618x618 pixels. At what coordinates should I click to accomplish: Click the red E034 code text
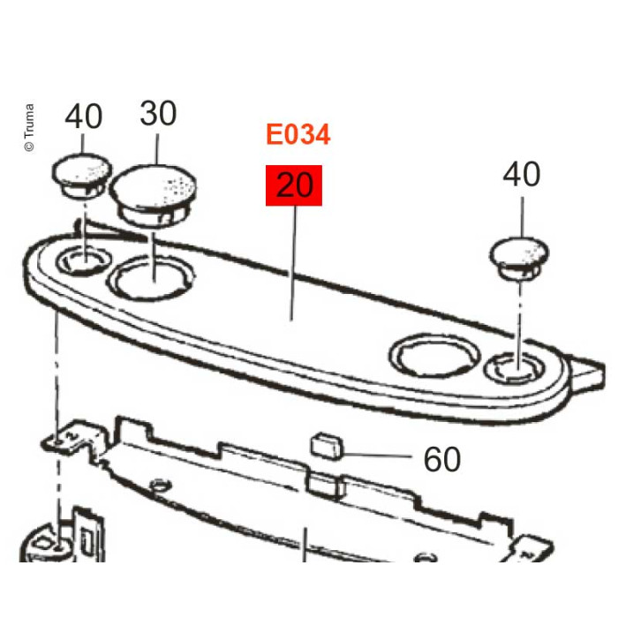[298, 134]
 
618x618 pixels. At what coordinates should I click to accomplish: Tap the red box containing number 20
[294, 185]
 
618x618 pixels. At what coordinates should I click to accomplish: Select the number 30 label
[158, 113]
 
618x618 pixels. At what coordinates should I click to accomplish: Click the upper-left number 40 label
[84, 117]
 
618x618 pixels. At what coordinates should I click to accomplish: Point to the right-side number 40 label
[522, 174]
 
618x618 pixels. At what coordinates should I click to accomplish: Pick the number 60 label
[441, 459]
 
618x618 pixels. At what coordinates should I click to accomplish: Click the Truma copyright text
[29, 127]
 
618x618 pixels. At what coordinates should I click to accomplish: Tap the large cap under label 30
[153, 195]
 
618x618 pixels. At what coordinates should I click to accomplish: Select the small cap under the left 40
[82, 176]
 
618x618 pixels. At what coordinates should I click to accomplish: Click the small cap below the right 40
[519, 258]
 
